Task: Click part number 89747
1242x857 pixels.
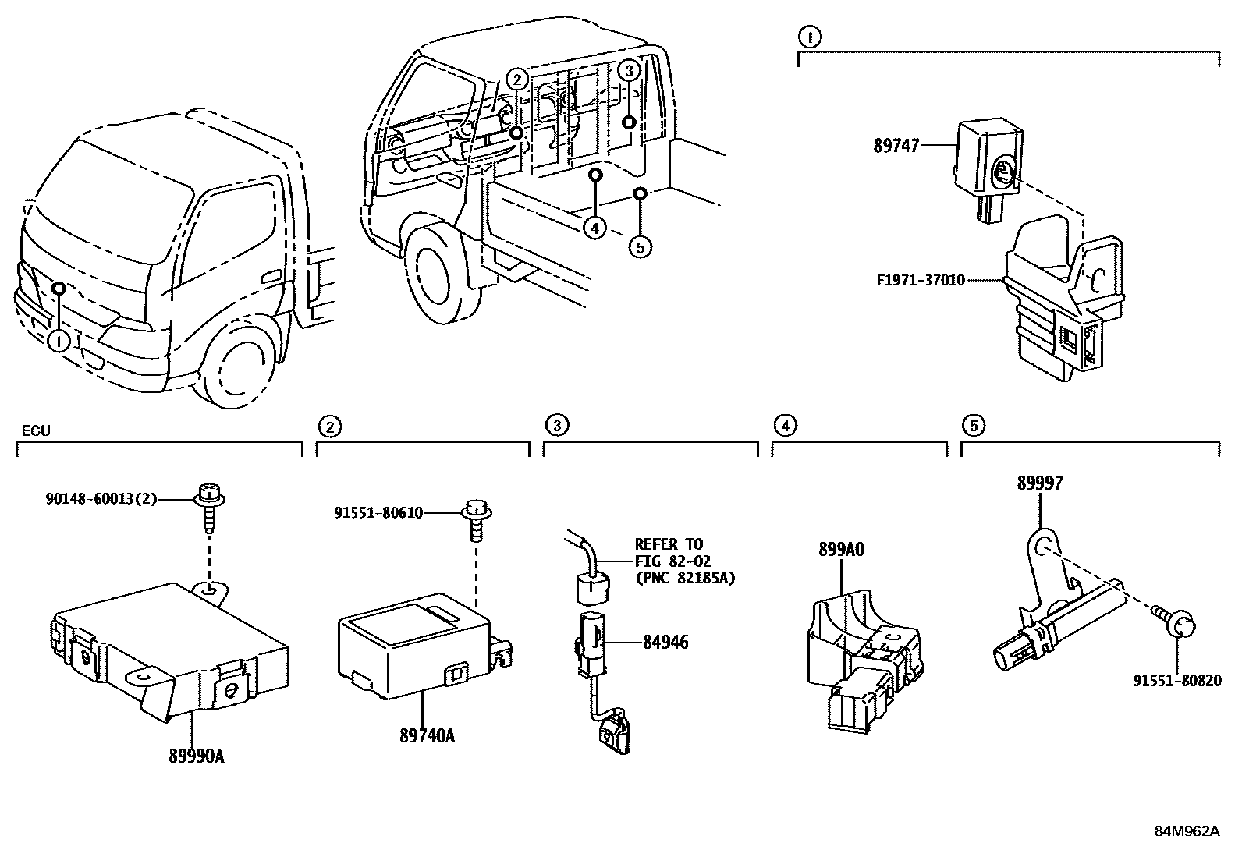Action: click(x=896, y=146)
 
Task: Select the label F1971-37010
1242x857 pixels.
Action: click(x=921, y=280)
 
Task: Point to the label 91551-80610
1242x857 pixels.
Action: click(x=378, y=512)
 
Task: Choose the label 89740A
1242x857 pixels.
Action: click(x=427, y=735)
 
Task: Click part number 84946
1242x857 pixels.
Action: click(x=665, y=643)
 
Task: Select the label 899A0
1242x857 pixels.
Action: click(x=841, y=550)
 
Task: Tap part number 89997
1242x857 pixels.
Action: click(x=1039, y=484)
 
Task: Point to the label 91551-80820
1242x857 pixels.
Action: click(x=1176, y=680)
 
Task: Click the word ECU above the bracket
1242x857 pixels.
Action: click(x=34, y=430)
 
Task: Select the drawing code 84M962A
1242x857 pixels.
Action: click(x=1186, y=830)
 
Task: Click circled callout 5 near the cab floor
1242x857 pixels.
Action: click(x=640, y=247)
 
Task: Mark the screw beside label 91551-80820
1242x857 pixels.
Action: click(x=1179, y=625)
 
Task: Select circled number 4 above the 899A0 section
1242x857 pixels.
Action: click(x=785, y=426)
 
